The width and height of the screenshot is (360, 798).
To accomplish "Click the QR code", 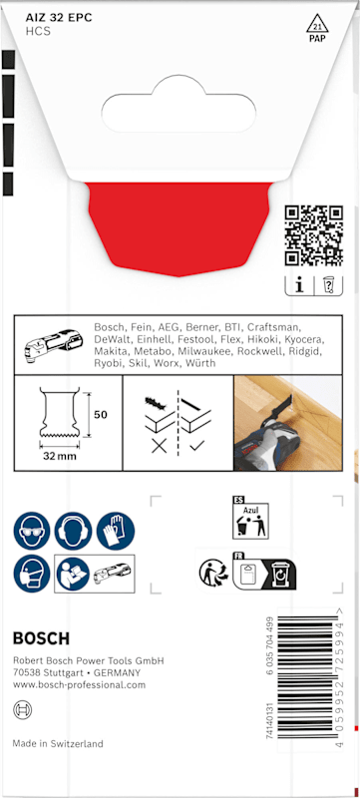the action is [314, 235].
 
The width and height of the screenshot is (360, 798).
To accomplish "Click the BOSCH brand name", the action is [41, 639].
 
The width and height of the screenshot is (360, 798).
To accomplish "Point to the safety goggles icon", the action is [32, 531].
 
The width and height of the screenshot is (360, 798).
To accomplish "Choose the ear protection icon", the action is [73, 531].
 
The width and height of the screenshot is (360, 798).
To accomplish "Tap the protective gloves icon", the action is [116, 531].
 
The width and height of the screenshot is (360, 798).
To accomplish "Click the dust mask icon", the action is [32, 574].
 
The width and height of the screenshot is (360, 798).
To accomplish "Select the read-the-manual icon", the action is [73, 574].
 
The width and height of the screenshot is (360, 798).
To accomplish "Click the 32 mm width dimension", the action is [60, 456].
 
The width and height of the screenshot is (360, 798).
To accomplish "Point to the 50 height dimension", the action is [101, 415].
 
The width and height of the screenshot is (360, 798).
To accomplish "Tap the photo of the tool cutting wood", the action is [288, 423].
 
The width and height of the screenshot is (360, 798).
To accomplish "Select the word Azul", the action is [250, 510].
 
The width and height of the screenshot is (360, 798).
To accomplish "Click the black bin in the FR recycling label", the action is [280, 573].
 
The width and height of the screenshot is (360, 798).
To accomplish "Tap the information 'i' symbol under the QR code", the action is [299, 286].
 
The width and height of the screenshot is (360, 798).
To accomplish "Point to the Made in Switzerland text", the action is [58, 743].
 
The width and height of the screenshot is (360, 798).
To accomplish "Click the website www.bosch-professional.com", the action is [79, 685].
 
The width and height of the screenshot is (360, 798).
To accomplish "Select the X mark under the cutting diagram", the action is [160, 446].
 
